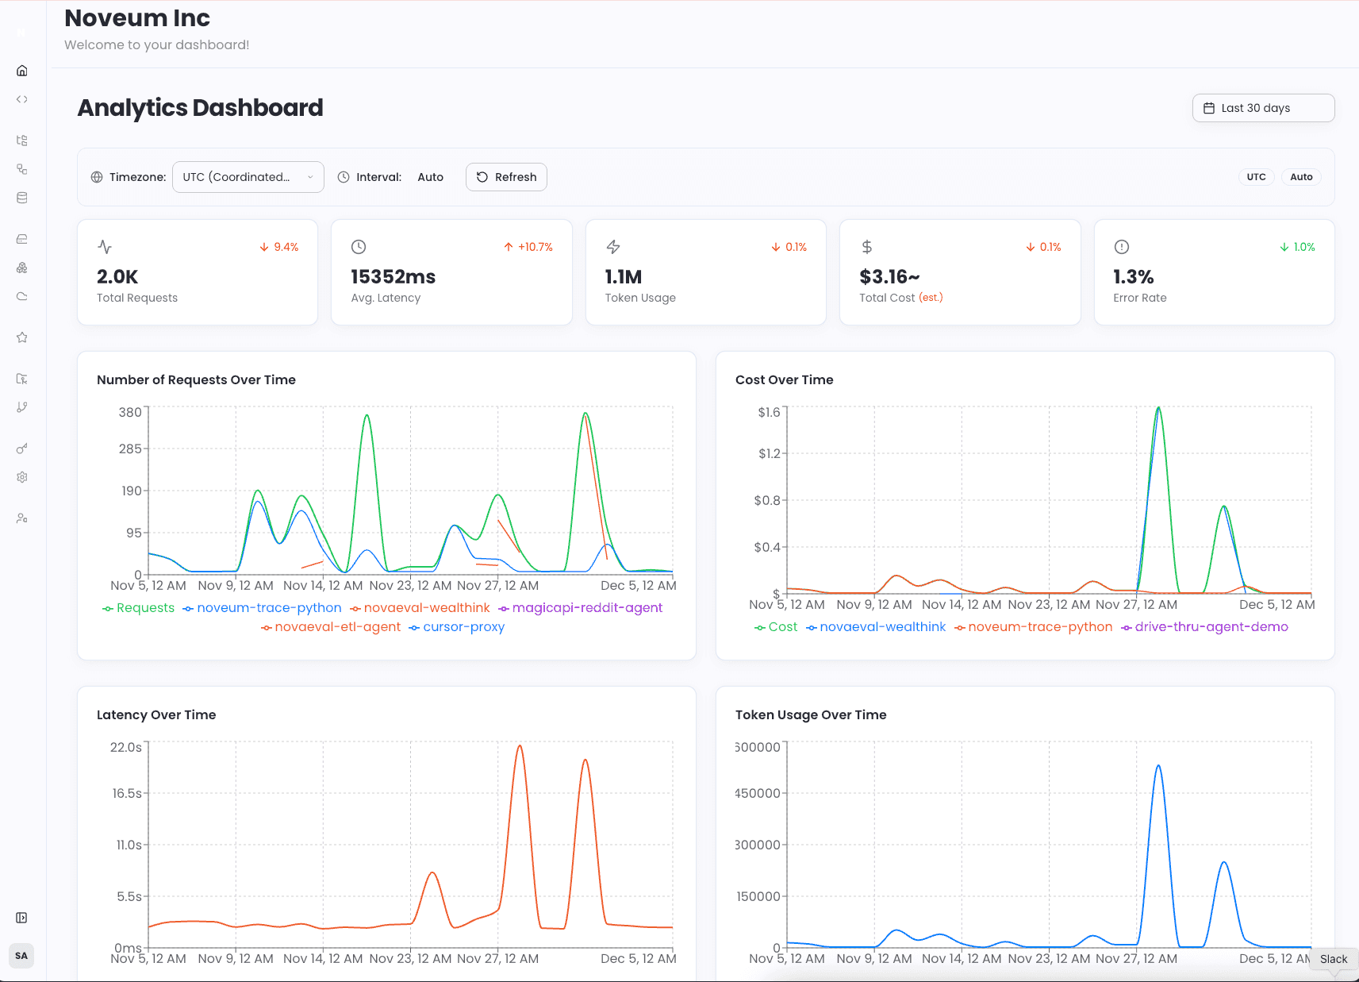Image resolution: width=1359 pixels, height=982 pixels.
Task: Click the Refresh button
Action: click(506, 177)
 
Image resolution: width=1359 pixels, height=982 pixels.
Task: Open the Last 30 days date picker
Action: click(1263, 108)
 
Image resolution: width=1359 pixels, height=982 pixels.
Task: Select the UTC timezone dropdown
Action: click(248, 177)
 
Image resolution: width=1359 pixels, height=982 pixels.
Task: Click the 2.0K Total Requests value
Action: click(117, 277)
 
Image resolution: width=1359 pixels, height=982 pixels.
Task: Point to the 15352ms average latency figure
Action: click(393, 277)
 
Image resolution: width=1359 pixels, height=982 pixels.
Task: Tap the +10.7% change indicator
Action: click(528, 247)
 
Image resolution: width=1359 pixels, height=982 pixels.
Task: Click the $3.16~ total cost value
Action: click(889, 277)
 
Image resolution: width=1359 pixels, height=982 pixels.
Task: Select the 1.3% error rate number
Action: click(1133, 277)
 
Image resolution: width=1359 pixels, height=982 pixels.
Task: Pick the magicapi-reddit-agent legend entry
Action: click(581, 608)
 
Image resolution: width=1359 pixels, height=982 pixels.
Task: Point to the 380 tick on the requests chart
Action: click(130, 412)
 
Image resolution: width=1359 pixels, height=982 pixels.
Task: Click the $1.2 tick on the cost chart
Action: click(769, 454)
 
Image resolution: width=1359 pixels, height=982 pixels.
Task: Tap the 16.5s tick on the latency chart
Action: click(127, 793)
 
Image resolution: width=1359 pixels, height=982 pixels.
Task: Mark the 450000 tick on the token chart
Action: click(758, 793)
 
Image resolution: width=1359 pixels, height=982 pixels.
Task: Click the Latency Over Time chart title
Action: click(156, 714)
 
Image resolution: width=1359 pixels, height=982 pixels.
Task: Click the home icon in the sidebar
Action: click(22, 71)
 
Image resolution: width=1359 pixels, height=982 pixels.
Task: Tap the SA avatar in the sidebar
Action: click(21, 956)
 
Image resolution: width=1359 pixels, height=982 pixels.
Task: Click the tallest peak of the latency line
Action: click(520, 746)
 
